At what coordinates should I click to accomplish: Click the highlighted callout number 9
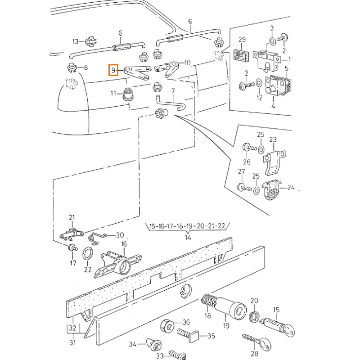[113, 71]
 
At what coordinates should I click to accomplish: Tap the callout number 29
[241, 40]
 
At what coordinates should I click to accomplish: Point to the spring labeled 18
[208, 302]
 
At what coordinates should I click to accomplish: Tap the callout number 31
[72, 343]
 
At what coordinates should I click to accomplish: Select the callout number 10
[187, 63]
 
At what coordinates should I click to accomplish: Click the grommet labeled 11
[128, 94]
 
